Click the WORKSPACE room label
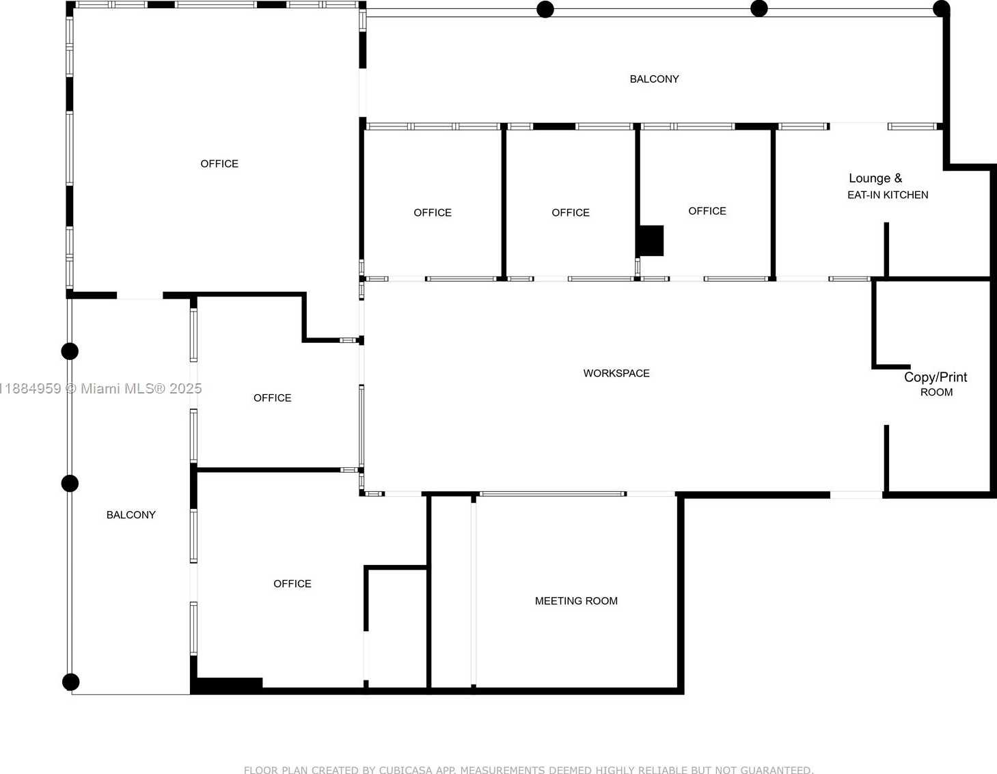(x=616, y=373)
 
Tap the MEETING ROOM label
(x=576, y=600)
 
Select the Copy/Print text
(x=935, y=377)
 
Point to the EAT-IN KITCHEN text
(x=888, y=195)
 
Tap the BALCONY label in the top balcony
(x=654, y=79)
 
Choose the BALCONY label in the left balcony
(x=131, y=515)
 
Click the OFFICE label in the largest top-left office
(x=219, y=164)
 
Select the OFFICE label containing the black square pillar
(x=707, y=211)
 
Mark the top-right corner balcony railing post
(x=941, y=9)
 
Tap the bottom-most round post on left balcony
(x=70, y=682)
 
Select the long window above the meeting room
(x=553, y=494)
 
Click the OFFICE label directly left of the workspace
(x=273, y=398)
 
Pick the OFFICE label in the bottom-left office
(x=292, y=583)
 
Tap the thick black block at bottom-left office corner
(x=227, y=685)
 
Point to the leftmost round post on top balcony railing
(x=545, y=9)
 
